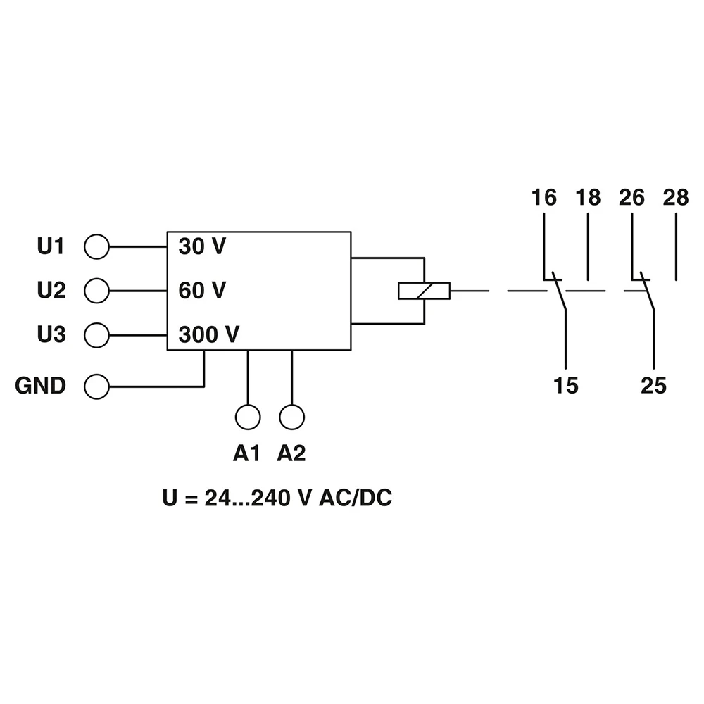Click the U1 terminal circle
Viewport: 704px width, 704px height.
coord(96,247)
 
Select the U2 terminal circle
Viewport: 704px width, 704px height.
coord(96,290)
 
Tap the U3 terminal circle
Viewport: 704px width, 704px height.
coord(96,334)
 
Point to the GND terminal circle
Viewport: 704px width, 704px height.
coord(96,386)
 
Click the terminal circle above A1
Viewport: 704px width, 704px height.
coord(248,417)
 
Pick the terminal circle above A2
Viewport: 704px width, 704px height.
coord(291,417)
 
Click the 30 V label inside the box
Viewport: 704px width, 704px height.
coord(202,247)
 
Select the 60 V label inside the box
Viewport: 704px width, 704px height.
coord(202,290)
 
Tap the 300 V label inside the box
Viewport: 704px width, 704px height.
coord(209,334)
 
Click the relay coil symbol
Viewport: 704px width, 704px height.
coord(424,290)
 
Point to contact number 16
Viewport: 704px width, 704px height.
coord(543,198)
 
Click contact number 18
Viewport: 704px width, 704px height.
coord(588,198)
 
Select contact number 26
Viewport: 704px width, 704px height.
coord(631,198)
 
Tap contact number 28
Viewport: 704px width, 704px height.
coord(675,198)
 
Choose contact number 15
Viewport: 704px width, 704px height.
coord(565,385)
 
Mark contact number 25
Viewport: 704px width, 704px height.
coord(653,385)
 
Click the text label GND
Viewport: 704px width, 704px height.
coord(41,386)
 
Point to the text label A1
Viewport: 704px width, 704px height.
coord(247,454)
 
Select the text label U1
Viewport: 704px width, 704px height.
coord(51,247)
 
